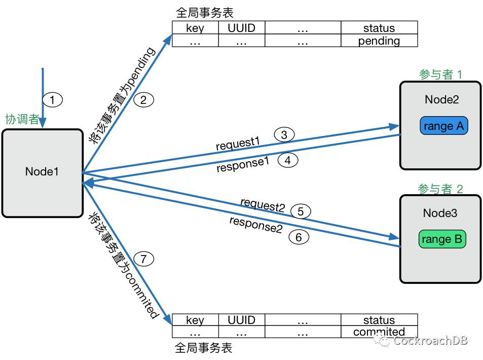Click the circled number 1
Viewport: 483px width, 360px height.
pyautogui.click(x=52, y=100)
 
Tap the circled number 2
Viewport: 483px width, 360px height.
pyautogui.click(x=143, y=100)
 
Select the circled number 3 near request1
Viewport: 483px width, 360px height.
pyautogui.click(x=284, y=135)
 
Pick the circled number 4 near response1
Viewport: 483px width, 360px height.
pyautogui.click(x=287, y=161)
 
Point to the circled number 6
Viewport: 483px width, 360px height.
pyautogui.click(x=299, y=237)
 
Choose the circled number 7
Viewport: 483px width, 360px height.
pyautogui.click(x=143, y=259)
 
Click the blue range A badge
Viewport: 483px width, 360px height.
pyautogui.click(x=443, y=126)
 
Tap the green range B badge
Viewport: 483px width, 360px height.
pyautogui.click(x=442, y=239)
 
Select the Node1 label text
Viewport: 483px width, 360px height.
pyautogui.click(x=42, y=172)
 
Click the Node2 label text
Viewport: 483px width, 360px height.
pyautogui.click(x=441, y=99)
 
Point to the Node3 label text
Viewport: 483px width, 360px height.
pyautogui.click(x=440, y=213)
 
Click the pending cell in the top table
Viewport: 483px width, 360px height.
pyautogui.click(x=379, y=41)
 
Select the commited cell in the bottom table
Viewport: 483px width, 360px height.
pyautogui.click(x=379, y=332)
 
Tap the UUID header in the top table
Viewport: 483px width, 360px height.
pyautogui.click(x=241, y=28)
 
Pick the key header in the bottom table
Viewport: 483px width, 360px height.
pyautogui.click(x=195, y=320)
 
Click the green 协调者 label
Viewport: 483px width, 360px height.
pyautogui.click(x=22, y=120)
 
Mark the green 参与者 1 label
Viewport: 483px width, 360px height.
pyautogui.click(x=440, y=75)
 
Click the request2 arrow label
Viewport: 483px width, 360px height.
pyautogui.click(x=263, y=205)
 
